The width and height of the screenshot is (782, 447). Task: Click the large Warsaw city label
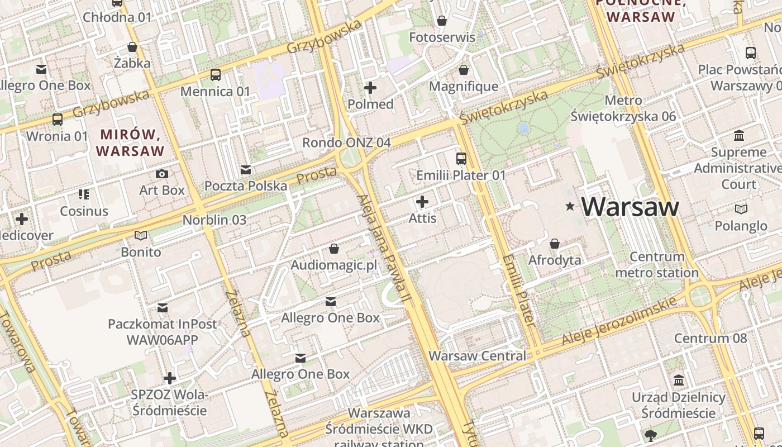point(630,207)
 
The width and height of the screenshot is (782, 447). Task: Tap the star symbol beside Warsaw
point(570,207)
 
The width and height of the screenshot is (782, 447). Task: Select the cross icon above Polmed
point(370,88)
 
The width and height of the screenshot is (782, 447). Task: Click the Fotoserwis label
point(442,37)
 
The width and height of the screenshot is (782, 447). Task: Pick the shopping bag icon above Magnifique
point(463,70)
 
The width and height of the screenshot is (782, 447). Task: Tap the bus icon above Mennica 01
point(215,74)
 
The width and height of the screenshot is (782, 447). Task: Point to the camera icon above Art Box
point(162,174)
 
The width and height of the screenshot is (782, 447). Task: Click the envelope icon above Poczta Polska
point(245,170)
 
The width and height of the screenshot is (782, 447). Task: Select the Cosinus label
point(84,211)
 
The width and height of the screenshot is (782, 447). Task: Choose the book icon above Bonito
point(141,235)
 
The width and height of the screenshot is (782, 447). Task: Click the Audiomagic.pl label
point(334,265)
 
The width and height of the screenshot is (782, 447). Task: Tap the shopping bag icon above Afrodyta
point(555,244)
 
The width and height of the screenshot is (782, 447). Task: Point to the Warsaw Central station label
point(477,356)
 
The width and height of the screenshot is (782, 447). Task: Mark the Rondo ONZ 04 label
point(346,142)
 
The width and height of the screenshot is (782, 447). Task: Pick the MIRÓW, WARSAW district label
point(131,142)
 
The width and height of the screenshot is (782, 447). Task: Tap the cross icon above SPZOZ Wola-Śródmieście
point(170,378)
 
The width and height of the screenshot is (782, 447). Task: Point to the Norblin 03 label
point(214,220)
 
